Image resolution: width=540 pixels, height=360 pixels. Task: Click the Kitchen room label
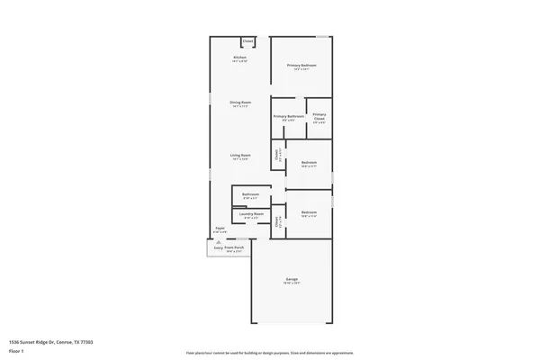tap(239, 58)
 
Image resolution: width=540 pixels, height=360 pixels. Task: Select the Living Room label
tap(239, 155)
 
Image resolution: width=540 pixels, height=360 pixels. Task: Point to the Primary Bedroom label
tap(302, 66)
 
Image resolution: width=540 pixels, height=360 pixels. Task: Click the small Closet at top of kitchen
tap(247, 40)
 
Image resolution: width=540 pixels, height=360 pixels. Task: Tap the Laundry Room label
tap(253, 214)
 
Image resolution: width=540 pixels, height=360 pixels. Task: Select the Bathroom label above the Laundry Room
tap(252, 194)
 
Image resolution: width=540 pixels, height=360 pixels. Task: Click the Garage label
tap(292, 280)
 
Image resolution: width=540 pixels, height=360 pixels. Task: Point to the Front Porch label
tap(234, 248)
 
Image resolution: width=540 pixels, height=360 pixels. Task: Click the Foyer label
tap(219, 229)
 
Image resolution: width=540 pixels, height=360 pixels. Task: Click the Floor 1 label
tap(16, 351)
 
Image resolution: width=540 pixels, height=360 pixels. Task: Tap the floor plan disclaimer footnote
tap(269, 353)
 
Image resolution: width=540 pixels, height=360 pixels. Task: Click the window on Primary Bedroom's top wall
tap(322, 36)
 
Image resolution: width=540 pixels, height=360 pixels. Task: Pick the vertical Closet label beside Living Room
tap(277, 154)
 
